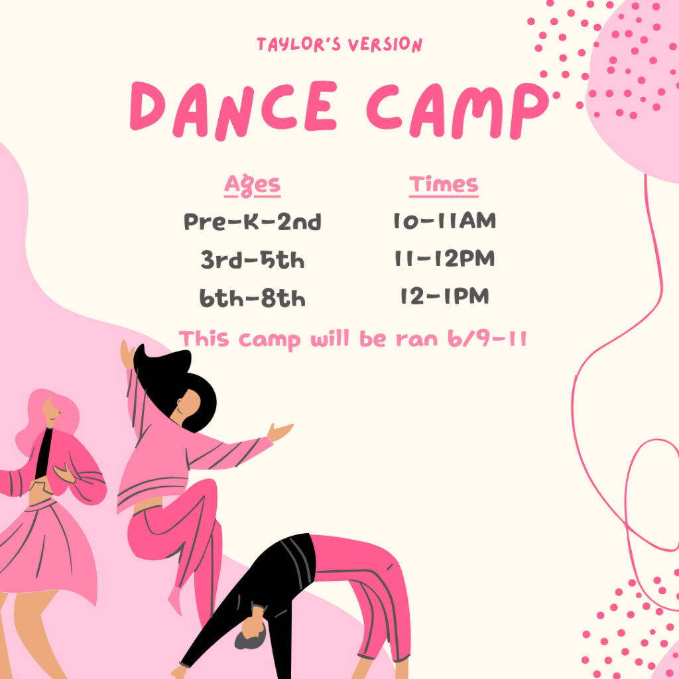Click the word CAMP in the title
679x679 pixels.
pos(458,110)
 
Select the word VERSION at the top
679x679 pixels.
pos(385,44)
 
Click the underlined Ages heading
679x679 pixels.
pos(252,186)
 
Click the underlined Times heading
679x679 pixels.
pos(444,185)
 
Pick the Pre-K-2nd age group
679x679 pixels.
pos(253,221)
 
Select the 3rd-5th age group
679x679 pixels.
pos(253,260)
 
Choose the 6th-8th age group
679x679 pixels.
pos(253,298)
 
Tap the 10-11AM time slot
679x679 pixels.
pos(444,221)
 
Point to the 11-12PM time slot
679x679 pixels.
pos(444,259)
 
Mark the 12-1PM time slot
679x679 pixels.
pos(444,296)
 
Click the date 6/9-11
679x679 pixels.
pos(487,338)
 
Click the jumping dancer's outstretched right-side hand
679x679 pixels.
pos(280,431)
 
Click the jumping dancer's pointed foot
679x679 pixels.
pos(175,600)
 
